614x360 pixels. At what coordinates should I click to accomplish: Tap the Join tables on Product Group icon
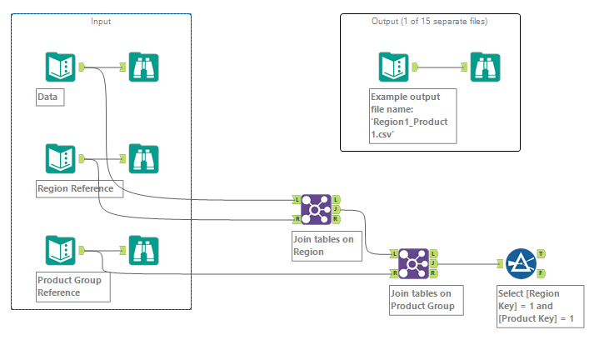pyautogui.click(x=413, y=263)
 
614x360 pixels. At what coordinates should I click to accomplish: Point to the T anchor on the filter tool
pyautogui.click(x=542, y=253)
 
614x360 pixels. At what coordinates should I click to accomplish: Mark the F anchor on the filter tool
pyautogui.click(x=542, y=273)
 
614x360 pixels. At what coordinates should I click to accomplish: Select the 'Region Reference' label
pyautogui.click(x=80, y=188)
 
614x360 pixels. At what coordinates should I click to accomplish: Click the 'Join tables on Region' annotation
pyautogui.click(x=323, y=247)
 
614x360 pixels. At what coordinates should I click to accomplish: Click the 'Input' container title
pyautogui.click(x=101, y=21)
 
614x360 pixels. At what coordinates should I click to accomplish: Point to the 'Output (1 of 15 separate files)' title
pyautogui.click(x=429, y=21)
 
